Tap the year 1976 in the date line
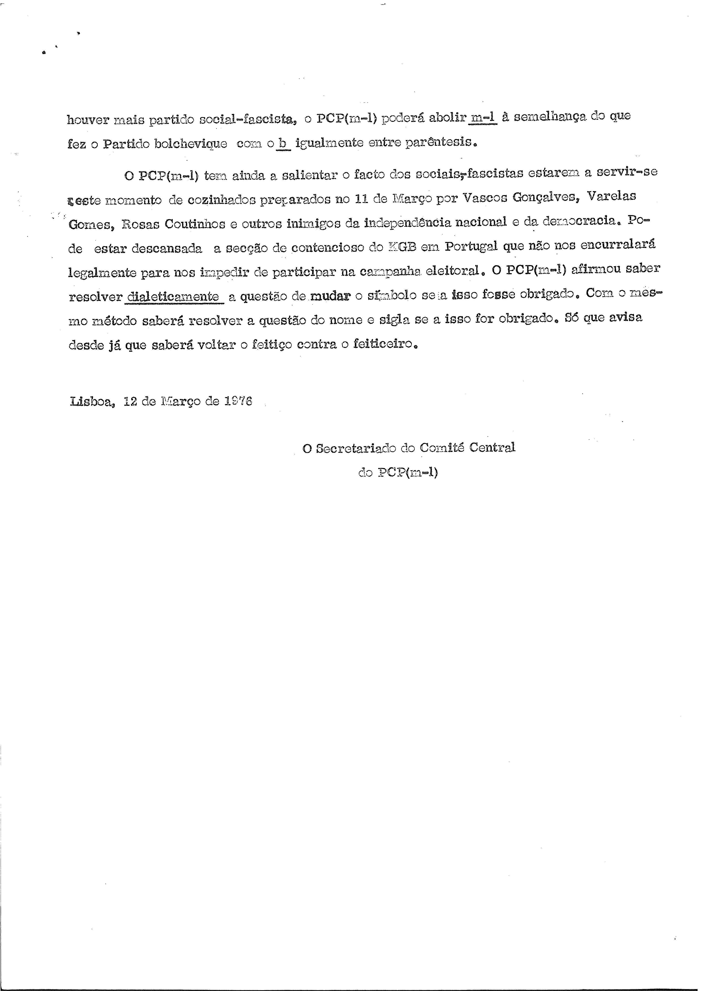point(238,401)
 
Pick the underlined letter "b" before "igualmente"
point(283,143)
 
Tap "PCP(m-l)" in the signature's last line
point(408,472)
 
